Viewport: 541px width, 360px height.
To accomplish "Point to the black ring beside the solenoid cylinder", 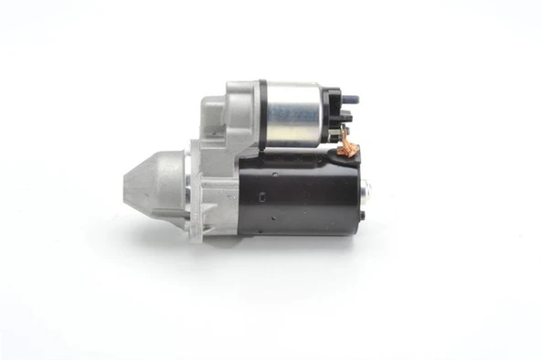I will click(261, 113).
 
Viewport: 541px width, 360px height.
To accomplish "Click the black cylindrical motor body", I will click(292, 192).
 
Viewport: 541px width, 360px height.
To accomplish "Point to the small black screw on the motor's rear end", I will click(362, 216).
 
